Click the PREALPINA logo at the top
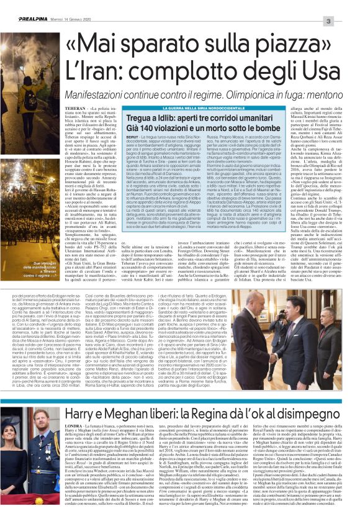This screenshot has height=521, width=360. (x=23, y=6)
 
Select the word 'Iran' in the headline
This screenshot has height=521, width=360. (x=72, y=61)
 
